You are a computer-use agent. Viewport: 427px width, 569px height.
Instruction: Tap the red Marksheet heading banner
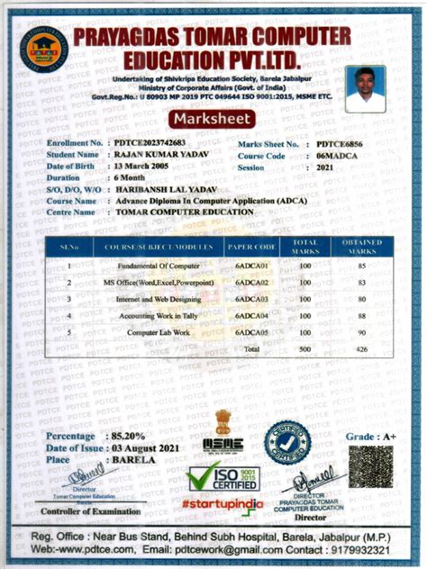pyautogui.click(x=213, y=120)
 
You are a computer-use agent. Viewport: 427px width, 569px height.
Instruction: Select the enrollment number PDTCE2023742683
pyautogui.click(x=150, y=144)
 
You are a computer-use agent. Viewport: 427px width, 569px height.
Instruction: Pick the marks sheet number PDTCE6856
pyautogui.click(x=343, y=144)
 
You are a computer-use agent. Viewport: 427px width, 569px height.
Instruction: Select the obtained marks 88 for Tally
pyautogui.click(x=360, y=316)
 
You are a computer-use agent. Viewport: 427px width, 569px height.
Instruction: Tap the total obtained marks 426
pyautogui.click(x=360, y=348)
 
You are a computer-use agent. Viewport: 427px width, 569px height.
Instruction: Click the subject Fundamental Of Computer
pyautogui.click(x=158, y=266)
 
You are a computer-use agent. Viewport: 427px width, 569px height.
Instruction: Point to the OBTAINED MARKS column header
pyautogui.click(x=361, y=246)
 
